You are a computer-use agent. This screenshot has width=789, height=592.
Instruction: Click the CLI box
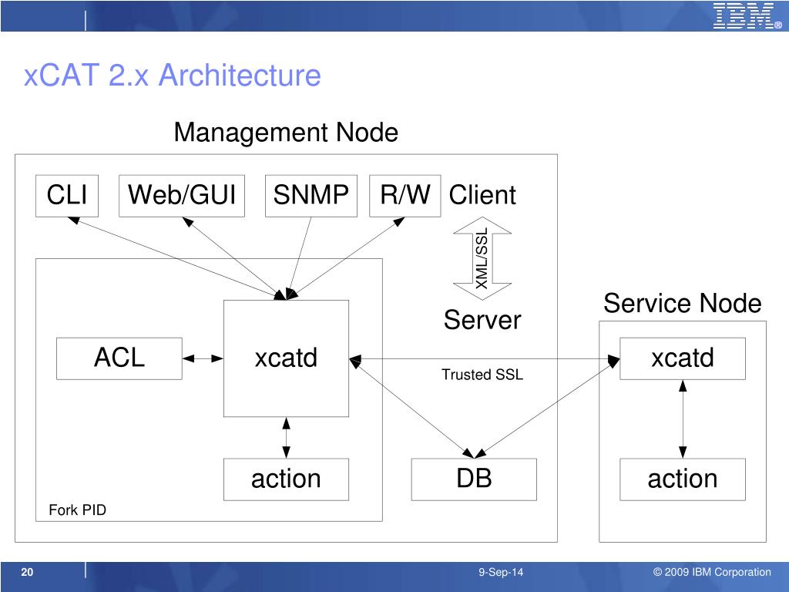coord(67,196)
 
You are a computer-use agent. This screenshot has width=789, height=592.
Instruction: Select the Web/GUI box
coord(182,196)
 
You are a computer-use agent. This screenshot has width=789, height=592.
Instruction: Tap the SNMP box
coord(311,196)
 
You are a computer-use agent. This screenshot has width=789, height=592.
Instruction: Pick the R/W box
coord(405,196)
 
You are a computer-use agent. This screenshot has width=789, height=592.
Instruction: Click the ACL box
coord(119,358)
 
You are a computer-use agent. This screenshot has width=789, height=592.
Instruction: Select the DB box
coord(474,479)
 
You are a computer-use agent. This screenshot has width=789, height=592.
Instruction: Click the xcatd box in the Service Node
coord(683,358)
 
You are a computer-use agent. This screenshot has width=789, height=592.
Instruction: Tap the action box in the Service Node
coord(683,479)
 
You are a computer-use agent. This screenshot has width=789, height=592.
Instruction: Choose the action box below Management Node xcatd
coord(286,479)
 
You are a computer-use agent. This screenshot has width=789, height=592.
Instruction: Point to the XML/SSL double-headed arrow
coord(482,259)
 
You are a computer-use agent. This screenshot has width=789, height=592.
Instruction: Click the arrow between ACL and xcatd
coord(203,358)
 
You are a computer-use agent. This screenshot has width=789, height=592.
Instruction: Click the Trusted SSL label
coord(482,375)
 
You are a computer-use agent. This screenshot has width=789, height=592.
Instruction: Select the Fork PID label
coord(78,510)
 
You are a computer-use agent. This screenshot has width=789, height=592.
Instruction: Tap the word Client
coord(482,195)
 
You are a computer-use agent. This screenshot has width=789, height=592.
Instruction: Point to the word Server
coord(482,320)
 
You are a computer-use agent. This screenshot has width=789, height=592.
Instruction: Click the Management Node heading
coord(286,133)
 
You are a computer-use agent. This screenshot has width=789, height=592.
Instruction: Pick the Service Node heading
coord(683,304)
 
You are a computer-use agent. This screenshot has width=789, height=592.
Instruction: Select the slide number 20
coord(27,572)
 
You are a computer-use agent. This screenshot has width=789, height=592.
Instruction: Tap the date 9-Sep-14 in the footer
coord(501,573)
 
